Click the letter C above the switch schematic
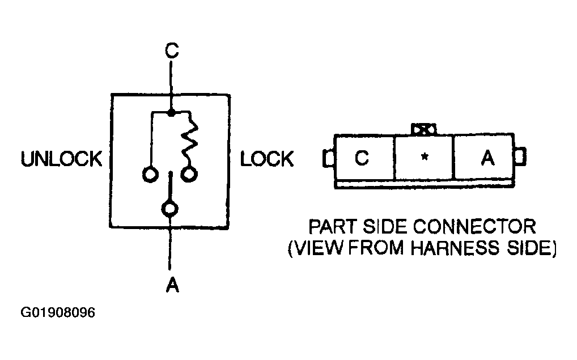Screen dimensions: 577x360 (x=172, y=50)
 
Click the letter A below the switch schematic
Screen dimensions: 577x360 (x=172, y=285)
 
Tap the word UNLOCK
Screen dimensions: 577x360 (x=61, y=159)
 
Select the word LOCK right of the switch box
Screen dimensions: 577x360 (x=267, y=159)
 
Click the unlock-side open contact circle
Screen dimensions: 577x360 (x=150, y=174)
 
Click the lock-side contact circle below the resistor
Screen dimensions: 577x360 (x=189, y=175)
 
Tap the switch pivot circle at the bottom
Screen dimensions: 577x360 (x=169, y=209)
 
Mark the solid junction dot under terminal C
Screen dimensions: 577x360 (x=171, y=112)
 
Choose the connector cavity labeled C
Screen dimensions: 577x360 (x=364, y=158)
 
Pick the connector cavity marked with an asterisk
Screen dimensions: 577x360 (x=424, y=158)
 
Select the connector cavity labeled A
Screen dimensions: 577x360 (x=484, y=158)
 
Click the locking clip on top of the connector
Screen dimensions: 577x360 (x=424, y=130)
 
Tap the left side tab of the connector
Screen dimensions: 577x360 (x=329, y=158)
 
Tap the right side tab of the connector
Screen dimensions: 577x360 (x=520, y=156)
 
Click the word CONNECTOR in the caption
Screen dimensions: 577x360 (x=475, y=227)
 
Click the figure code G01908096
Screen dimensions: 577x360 (x=58, y=312)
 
